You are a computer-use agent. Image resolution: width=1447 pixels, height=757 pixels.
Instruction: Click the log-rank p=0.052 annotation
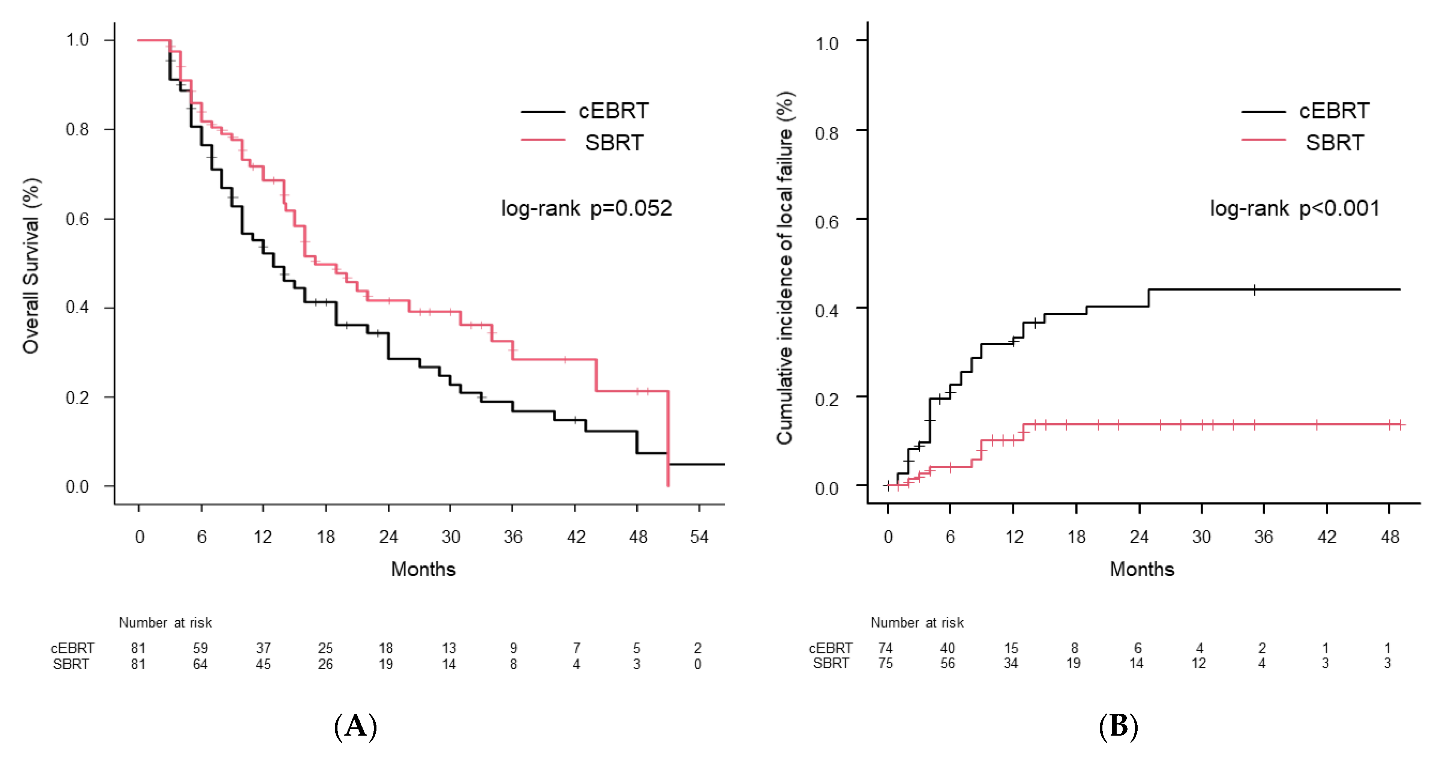click(586, 208)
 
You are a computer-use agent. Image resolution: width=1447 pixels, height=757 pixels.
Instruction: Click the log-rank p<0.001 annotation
click(1295, 208)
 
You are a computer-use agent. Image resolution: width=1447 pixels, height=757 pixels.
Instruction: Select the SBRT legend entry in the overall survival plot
click(582, 142)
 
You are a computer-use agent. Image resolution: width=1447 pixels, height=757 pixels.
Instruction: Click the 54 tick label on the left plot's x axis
click(699, 537)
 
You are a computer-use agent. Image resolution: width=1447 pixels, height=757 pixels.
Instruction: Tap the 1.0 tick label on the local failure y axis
click(827, 43)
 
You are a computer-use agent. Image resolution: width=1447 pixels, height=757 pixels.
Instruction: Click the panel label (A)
click(355, 727)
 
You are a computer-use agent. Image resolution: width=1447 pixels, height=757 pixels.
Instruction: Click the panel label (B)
click(1119, 727)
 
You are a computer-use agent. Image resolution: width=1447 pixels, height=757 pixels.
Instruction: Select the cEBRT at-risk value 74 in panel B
click(885, 648)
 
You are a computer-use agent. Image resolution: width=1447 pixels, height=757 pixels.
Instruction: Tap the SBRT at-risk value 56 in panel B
click(948, 663)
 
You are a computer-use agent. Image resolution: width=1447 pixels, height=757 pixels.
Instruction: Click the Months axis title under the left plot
click(424, 570)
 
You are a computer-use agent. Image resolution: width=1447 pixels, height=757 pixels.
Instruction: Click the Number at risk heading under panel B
click(917, 623)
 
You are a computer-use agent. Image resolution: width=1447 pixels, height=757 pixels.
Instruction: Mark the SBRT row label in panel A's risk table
click(71, 664)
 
